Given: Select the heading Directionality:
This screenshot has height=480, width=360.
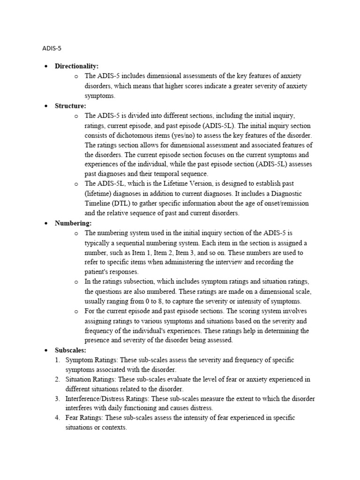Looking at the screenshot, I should pos(77,66).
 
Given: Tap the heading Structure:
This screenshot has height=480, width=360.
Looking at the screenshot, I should pos(70,106).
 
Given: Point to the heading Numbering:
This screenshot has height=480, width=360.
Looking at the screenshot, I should pos(74,223).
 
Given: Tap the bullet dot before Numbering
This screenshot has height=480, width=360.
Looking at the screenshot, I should pos(46,223).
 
